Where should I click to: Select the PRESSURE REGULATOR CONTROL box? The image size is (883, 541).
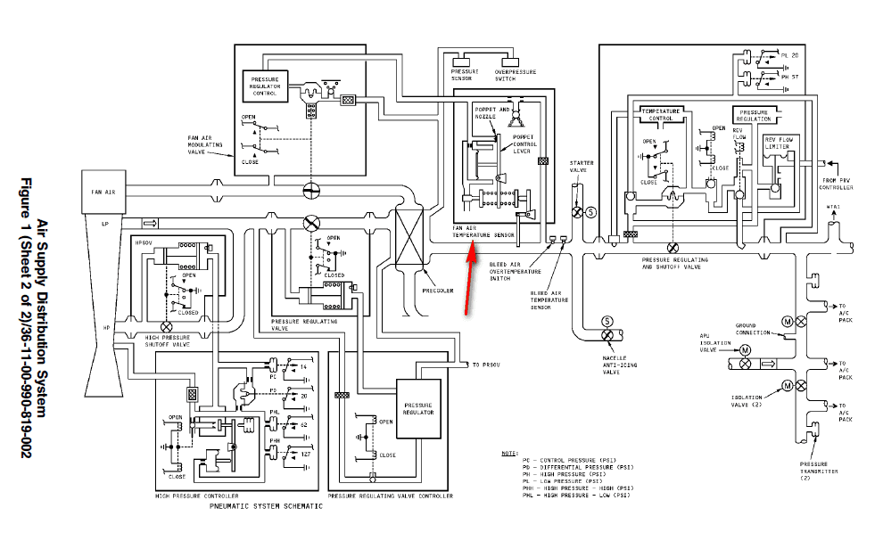(x=265, y=85)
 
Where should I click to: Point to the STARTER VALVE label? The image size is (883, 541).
(x=582, y=167)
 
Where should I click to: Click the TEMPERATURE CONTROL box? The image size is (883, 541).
(x=662, y=114)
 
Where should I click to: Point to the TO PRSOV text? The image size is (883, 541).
(x=490, y=365)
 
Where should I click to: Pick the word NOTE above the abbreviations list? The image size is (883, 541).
(x=509, y=453)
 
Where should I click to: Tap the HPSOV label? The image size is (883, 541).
(x=143, y=242)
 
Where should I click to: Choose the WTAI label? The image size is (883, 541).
(x=834, y=207)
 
